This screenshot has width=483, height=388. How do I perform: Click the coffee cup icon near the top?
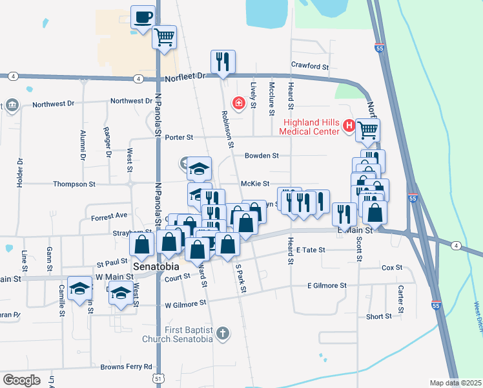tap(143, 16)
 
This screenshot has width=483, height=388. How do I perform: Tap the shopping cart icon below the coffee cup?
tap(165, 36)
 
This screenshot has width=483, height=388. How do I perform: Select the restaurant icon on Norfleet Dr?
tap(223, 61)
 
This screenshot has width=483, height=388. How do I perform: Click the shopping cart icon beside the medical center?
tap(367, 129)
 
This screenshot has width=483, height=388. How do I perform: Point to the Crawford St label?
tap(310, 66)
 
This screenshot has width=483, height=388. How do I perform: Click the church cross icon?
tap(223, 334)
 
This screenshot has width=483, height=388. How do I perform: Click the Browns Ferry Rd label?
tap(127, 367)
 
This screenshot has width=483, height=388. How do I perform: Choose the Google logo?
tap(22, 380)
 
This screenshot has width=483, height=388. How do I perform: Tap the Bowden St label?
tap(262, 155)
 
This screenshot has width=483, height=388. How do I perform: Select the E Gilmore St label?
tap(327, 285)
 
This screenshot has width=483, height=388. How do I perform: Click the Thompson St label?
tap(74, 184)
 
